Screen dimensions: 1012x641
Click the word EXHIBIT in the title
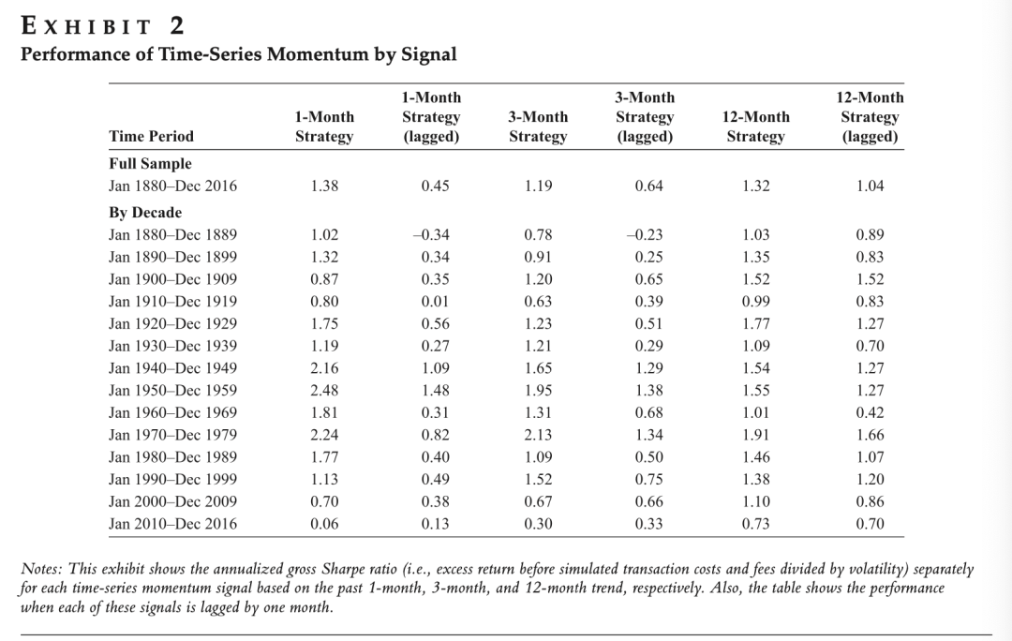click(86, 26)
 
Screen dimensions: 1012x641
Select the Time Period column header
click(151, 136)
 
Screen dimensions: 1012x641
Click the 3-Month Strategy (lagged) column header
click(645, 117)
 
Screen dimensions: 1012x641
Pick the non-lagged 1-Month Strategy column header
click(324, 127)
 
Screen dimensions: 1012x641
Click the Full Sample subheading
click(150, 164)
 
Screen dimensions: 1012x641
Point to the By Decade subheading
click(145, 213)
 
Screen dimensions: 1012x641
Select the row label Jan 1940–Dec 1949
click(172, 368)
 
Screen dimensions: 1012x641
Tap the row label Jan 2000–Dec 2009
click(172, 501)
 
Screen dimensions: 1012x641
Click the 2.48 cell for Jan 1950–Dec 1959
click(324, 391)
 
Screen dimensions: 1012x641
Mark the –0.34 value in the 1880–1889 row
click(431, 235)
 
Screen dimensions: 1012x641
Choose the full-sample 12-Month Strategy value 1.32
click(756, 186)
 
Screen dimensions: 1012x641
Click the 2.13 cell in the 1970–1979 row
click(538, 435)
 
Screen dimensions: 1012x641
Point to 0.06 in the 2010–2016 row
click(324, 524)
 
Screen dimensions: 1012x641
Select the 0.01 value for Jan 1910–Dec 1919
click(435, 302)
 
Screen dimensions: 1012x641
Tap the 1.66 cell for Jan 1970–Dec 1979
click(870, 435)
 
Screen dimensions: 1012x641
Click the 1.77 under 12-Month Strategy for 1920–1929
click(756, 324)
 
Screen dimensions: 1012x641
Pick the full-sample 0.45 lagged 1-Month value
click(435, 186)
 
